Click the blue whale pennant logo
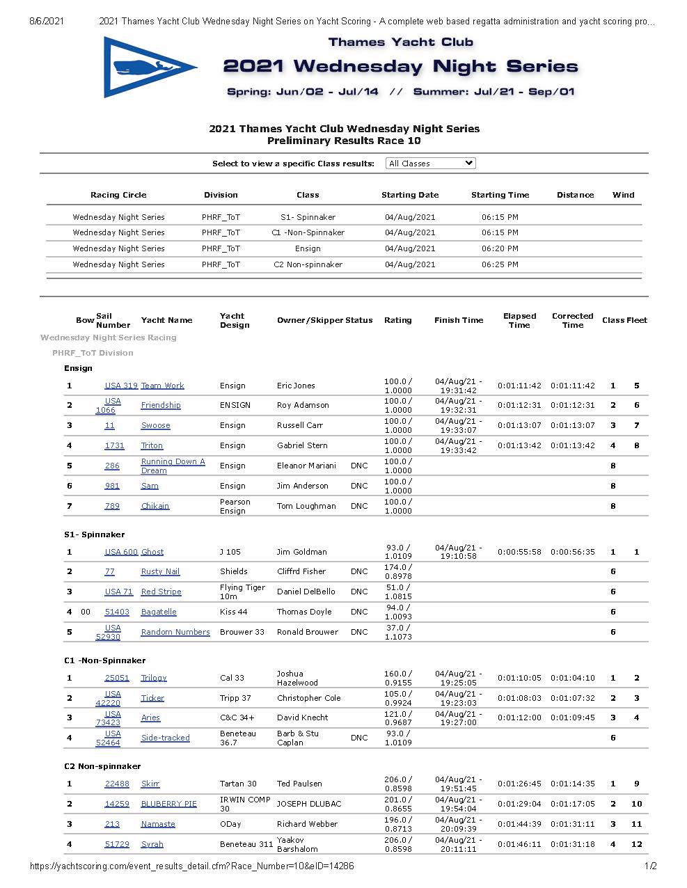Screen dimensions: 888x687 point(149,68)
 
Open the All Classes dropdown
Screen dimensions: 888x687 point(430,164)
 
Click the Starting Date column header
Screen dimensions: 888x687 point(410,195)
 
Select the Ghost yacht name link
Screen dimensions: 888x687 point(152,552)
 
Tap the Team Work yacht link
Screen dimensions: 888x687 point(162,386)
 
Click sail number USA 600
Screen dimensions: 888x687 point(121,552)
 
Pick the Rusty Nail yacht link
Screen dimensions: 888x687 point(160,571)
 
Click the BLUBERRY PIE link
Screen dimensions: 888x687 point(169,804)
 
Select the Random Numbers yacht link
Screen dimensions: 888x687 point(175,632)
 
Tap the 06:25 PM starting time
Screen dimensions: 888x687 point(500,264)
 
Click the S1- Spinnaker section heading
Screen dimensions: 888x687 point(95,534)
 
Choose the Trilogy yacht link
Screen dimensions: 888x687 point(154,678)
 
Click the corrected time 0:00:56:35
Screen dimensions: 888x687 point(573,552)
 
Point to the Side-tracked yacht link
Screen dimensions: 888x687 point(165,738)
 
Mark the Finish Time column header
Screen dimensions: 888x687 point(459,320)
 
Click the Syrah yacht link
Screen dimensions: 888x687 point(152,844)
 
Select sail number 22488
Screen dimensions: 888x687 point(117,784)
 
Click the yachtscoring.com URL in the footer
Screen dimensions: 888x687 point(191,866)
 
